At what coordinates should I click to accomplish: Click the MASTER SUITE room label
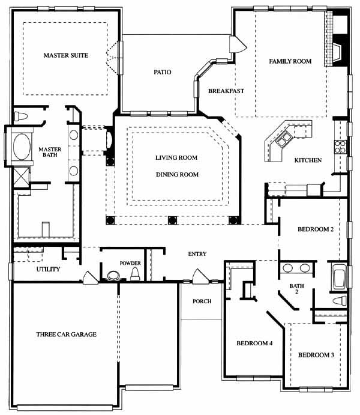[x=66, y=55]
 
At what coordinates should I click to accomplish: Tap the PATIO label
[x=163, y=72]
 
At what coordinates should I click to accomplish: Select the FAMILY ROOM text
[x=290, y=61]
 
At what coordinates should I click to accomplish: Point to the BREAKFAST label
[x=226, y=91]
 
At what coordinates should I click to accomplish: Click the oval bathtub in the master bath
[x=22, y=147]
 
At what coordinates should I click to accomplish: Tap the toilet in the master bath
[x=21, y=116]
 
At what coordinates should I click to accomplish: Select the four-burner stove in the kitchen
[x=340, y=147]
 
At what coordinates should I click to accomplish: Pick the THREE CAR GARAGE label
[x=67, y=335]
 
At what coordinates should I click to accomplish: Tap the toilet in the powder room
[x=135, y=274]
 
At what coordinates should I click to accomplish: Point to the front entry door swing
[x=200, y=276]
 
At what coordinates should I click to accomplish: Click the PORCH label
[x=202, y=301]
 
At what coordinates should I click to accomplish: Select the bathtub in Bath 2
[x=340, y=276]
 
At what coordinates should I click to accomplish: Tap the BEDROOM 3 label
[x=316, y=355]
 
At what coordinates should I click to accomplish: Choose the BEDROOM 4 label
[x=254, y=344]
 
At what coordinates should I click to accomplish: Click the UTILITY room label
[x=48, y=269]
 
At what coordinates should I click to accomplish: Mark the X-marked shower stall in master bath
[x=21, y=177]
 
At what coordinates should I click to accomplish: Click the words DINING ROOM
[x=177, y=174]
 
